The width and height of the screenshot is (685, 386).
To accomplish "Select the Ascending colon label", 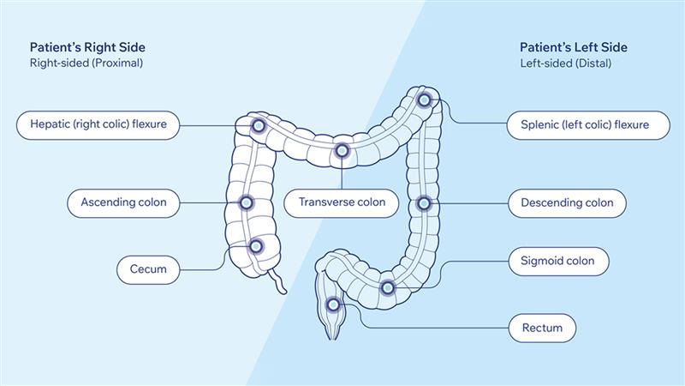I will (x=123, y=203).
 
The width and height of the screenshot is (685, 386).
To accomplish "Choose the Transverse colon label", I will (x=342, y=202).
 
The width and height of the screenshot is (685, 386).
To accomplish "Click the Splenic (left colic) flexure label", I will (x=584, y=125).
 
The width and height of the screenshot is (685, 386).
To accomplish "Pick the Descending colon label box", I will (x=567, y=203).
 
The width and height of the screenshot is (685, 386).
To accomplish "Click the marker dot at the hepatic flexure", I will (x=258, y=126).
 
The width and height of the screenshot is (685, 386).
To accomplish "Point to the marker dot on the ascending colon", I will (x=247, y=203).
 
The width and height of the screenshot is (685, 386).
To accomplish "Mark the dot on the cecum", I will (x=255, y=246).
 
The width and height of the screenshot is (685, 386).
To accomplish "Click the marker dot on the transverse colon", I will (x=342, y=152).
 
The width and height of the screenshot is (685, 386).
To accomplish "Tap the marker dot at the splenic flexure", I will (x=424, y=100).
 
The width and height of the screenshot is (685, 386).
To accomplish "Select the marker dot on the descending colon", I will (x=423, y=203).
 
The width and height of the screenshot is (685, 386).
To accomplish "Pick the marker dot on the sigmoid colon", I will (x=387, y=287).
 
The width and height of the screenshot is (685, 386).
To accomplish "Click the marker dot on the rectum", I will (x=333, y=305).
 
